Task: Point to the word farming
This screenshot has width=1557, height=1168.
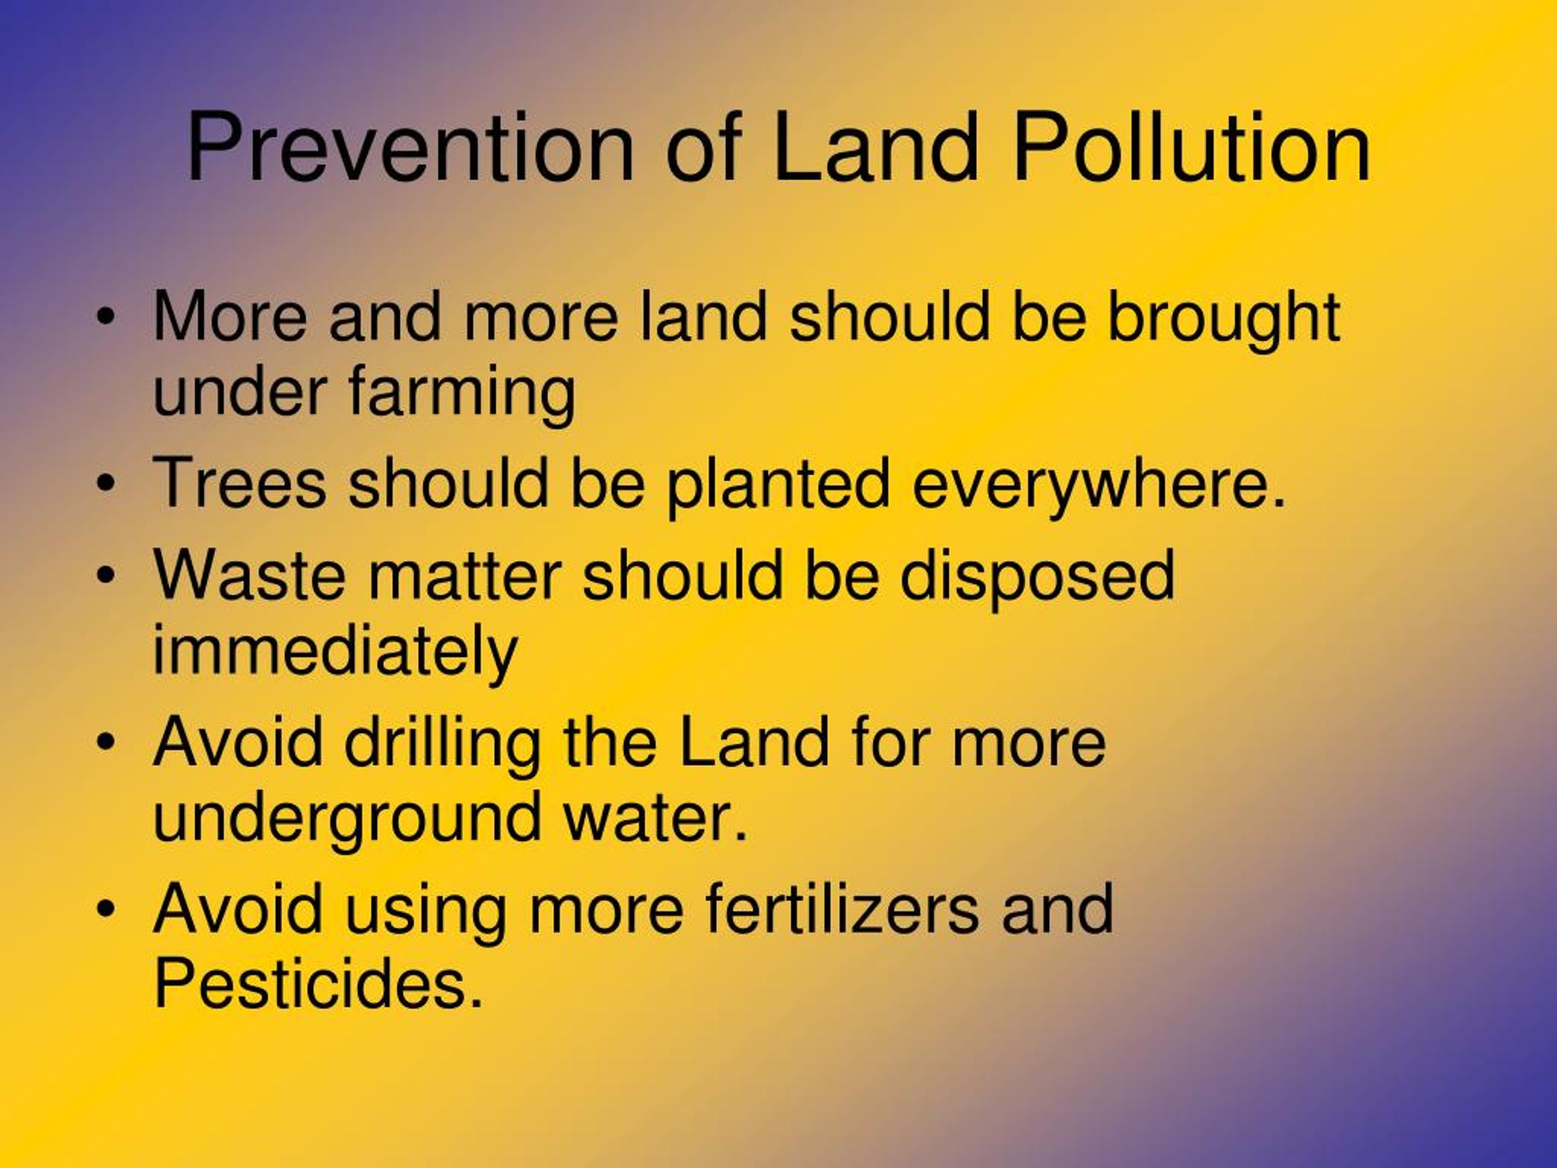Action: [462, 395]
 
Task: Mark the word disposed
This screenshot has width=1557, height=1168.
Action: [1037, 579]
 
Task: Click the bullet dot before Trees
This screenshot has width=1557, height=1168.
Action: [106, 484]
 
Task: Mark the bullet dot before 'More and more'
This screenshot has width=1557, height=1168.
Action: [106, 318]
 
